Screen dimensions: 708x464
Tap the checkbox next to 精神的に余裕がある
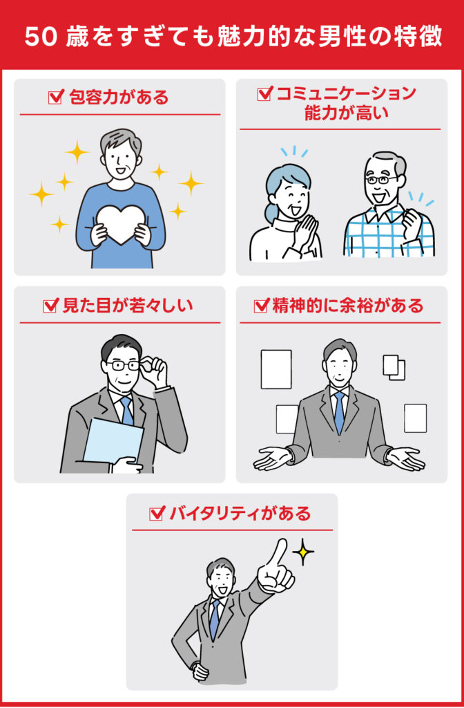[x=261, y=306]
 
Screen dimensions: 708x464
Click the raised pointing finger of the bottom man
[x=278, y=553]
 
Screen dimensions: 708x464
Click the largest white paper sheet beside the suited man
[x=275, y=369]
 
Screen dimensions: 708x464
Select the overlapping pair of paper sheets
[x=394, y=366]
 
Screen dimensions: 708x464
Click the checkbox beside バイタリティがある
[x=156, y=514]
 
